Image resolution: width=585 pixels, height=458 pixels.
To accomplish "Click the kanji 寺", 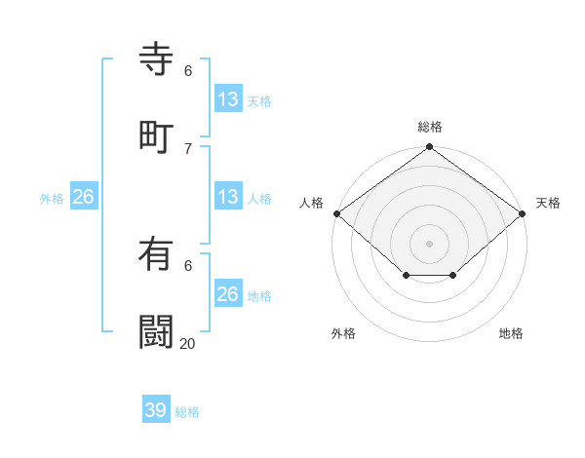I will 156,59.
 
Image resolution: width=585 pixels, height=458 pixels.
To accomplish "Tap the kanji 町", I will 156,137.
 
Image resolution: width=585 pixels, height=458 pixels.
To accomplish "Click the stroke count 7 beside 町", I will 188,148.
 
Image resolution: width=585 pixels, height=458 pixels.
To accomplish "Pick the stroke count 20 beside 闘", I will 188,343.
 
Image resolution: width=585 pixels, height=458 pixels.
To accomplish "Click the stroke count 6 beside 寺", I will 188,70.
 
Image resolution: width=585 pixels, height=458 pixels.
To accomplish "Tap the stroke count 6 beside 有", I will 188,265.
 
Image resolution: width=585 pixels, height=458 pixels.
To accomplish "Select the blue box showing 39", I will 156,410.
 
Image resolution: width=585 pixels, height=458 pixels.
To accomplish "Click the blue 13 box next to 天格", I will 228,99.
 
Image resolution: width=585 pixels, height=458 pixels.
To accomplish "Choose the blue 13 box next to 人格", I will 228,197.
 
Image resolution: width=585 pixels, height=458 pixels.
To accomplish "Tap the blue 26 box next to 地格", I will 228,294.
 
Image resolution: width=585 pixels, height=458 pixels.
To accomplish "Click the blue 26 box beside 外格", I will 84,197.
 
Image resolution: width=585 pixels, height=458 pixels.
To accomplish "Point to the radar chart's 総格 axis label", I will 429,127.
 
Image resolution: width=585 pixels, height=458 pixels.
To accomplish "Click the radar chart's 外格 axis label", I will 343,333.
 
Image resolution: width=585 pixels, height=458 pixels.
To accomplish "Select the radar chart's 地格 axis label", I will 511,333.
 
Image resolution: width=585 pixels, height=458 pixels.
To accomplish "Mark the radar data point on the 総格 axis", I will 429,148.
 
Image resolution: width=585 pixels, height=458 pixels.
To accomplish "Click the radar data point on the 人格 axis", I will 336,213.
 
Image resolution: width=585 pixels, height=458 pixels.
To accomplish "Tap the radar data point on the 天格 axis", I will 523,213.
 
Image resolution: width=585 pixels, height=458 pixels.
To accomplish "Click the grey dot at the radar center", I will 429,243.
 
